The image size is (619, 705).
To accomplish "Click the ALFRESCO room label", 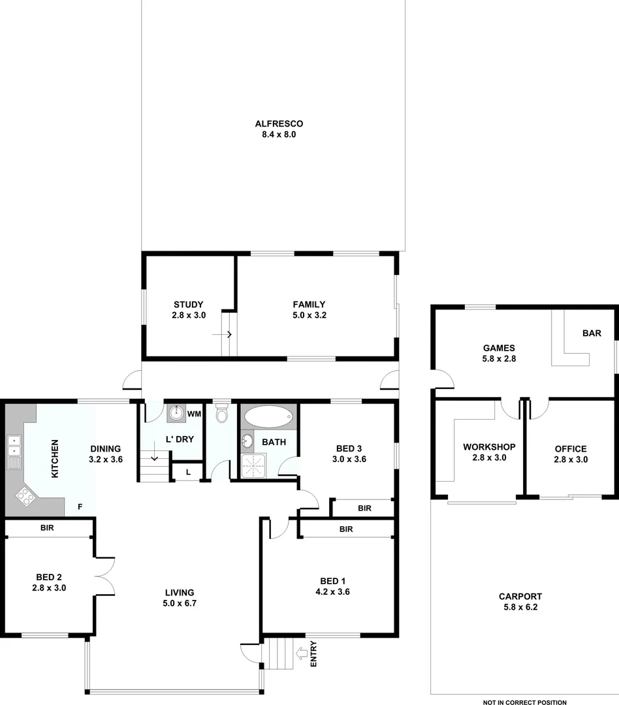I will (279, 124).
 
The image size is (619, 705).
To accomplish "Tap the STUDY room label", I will (188, 304).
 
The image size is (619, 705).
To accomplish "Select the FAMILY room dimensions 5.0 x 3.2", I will (309, 315).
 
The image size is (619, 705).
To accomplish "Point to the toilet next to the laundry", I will (221, 414).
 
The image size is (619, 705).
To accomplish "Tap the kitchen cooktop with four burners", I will (25, 497).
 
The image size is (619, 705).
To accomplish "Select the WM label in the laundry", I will (194, 414).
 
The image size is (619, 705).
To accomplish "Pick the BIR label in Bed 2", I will (46, 527).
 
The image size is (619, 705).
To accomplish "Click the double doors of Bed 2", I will (104, 576).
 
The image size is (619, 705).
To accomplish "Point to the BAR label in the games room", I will (592, 333).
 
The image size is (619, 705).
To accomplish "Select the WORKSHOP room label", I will (489, 447).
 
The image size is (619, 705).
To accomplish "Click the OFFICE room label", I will (570, 449).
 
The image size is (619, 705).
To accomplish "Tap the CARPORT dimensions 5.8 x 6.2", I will (520, 607).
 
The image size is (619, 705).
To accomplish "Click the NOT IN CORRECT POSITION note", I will (524, 702).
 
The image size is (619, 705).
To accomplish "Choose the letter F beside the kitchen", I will (80, 506).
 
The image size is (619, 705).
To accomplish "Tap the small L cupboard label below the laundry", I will (188, 472).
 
